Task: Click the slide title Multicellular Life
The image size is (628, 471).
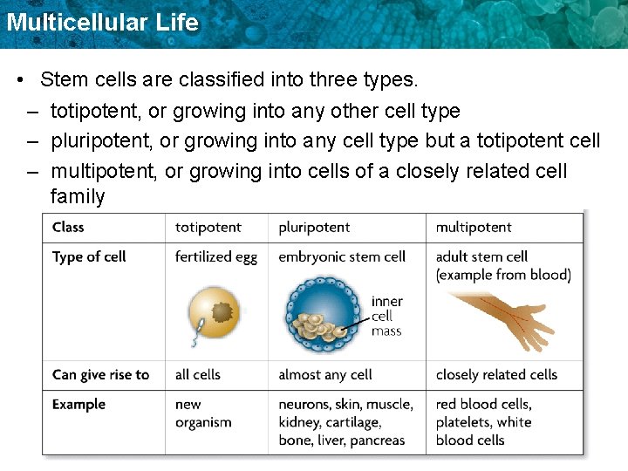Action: click(x=102, y=22)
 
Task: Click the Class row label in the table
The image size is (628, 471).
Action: click(x=68, y=228)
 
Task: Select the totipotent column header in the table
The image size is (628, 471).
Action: click(x=208, y=228)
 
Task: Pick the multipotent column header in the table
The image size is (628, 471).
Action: click(x=474, y=228)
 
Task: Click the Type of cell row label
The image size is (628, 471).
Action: click(x=89, y=256)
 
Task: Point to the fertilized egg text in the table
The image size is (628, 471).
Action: click(x=215, y=256)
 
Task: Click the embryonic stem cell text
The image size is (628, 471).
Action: click(x=342, y=256)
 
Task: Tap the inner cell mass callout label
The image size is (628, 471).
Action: click(x=387, y=316)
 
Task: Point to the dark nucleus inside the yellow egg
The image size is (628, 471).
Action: click(x=224, y=311)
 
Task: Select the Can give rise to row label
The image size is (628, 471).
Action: click(x=100, y=375)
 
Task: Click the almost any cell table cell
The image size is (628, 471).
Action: click(x=324, y=375)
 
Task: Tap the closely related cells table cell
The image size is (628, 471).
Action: click(x=496, y=375)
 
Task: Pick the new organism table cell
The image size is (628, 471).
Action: click(x=203, y=413)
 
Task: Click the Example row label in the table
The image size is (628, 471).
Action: click(x=78, y=405)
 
